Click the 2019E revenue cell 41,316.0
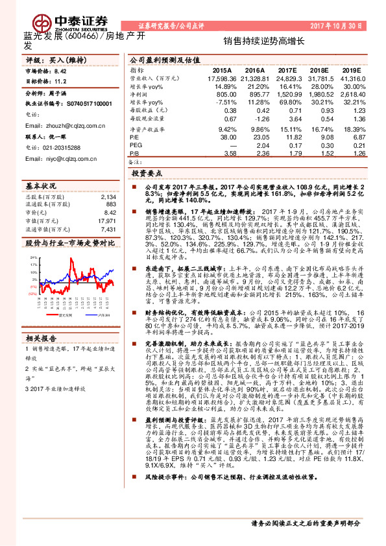[x=352, y=78]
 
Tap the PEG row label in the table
[x=136, y=146]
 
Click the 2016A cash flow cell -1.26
[x=258, y=119]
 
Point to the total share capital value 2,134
[x=109, y=196]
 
